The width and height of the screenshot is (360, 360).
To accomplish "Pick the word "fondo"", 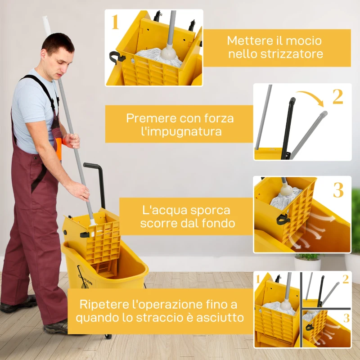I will coord(216,224).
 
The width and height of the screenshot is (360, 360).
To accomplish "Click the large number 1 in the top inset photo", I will coord(115,22).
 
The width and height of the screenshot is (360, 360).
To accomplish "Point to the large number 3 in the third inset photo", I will coord(338,191).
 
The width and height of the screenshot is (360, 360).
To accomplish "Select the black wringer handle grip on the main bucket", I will coord(92,165).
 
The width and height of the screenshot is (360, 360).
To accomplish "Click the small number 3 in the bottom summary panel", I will coord(346,319).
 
